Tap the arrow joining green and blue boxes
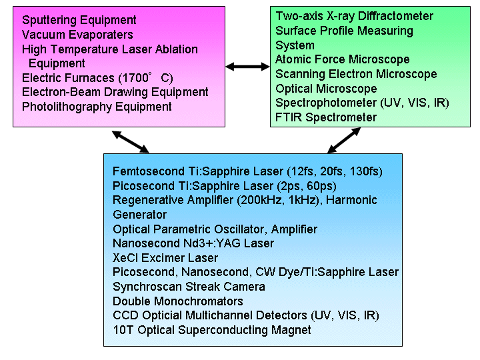[344, 141]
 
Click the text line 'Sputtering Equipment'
[79, 20]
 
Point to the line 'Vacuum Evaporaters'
[77, 35]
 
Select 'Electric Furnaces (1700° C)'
[97, 78]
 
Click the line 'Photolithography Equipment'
[97, 107]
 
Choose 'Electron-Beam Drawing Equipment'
[115, 92]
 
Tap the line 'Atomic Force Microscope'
[333, 59]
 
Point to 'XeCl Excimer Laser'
[165, 258]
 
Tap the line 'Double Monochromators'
[177, 301]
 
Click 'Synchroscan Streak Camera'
[189, 287]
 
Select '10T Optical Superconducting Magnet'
[211, 330]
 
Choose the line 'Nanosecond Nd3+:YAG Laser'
[193, 243]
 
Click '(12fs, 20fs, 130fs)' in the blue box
[340, 171]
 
